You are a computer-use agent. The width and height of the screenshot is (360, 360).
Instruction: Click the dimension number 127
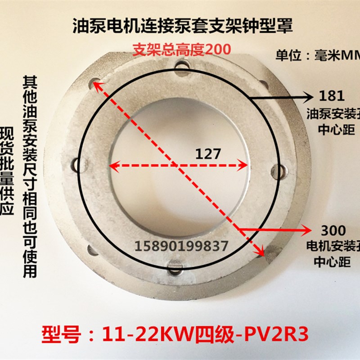[x=208, y=154]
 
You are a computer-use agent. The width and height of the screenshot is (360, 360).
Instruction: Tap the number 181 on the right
[x=332, y=95]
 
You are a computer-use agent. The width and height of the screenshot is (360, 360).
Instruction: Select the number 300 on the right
[x=333, y=231]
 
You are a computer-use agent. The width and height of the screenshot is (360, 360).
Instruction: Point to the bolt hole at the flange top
[x=182, y=67]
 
